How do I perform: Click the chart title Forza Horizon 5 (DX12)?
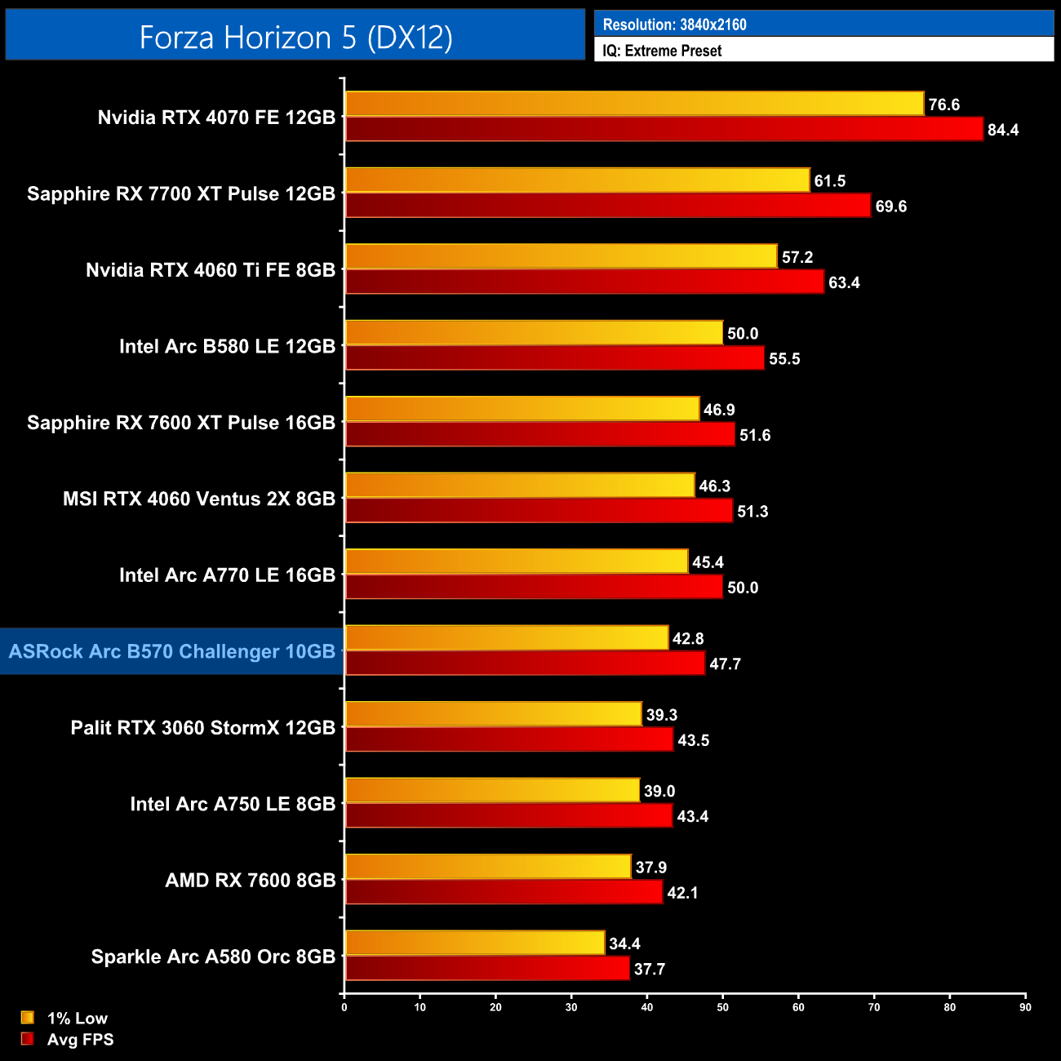[x=295, y=38]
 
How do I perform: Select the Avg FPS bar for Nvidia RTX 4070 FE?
[x=664, y=129]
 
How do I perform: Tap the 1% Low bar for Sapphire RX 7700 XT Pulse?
[x=577, y=180]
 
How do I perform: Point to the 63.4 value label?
[x=844, y=282]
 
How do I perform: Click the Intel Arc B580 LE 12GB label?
[x=227, y=346]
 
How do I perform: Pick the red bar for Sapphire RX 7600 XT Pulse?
[x=539, y=434]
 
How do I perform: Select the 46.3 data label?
[x=714, y=486]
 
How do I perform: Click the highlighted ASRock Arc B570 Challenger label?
[x=172, y=651]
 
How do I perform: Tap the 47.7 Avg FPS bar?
[x=525, y=663]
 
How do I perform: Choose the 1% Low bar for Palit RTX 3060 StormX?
[x=493, y=714]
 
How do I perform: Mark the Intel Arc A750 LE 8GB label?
[x=233, y=804]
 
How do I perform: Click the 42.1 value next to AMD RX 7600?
[x=682, y=893]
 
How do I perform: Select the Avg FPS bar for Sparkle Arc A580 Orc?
[x=487, y=968]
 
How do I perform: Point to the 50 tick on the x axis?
[x=722, y=1007]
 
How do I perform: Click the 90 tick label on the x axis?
[x=1025, y=1007]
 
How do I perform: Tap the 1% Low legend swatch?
[x=28, y=1018]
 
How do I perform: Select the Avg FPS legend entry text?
[x=80, y=1040]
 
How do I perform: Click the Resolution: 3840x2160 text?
[x=674, y=24]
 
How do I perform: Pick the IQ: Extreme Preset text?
[x=662, y=51]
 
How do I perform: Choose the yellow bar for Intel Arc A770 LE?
[x=517, y=562]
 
